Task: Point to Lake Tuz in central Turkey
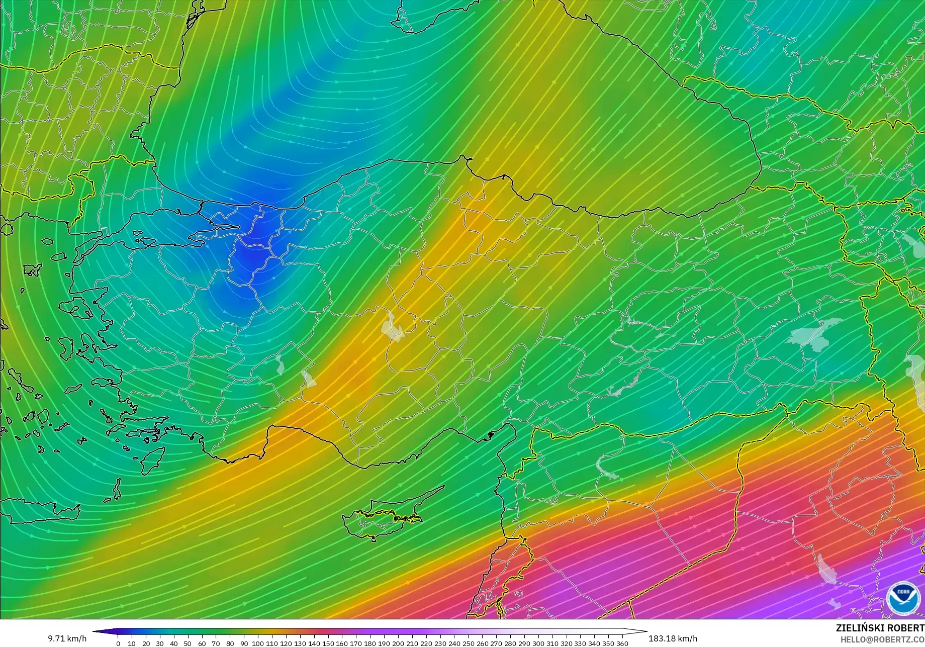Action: click(393, 327)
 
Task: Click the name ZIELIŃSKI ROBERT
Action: click(880, 628)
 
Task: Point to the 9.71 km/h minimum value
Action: click(67, 638)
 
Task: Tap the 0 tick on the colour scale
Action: click(118, 643)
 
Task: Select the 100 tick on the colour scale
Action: click(258, 643)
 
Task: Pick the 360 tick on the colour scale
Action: click(622, 643)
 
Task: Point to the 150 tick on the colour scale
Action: click(328, 643)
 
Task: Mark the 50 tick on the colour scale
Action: click(188, 643)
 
